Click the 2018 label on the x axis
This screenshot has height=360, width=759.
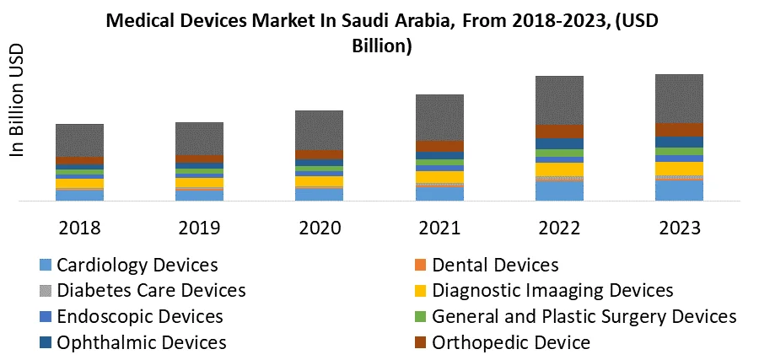pos(79,228)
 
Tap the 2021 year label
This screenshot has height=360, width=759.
pos(439,228)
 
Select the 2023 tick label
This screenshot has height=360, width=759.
pos(679,228)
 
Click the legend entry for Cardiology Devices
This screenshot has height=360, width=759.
pos(137,266)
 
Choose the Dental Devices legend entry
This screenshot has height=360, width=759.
pos(495,266)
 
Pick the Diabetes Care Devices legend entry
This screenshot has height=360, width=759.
pos(151,291)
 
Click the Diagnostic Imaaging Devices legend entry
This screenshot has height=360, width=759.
pos(552,291)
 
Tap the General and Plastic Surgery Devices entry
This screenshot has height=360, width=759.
pos(584,317)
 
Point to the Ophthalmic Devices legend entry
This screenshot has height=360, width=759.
pos(142,342)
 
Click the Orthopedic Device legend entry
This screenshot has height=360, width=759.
pos(511,342)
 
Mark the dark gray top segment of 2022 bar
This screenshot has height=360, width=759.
pos(559,99)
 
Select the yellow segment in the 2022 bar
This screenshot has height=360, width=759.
pos(559,169)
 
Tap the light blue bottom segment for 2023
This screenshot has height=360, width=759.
pos(679,191)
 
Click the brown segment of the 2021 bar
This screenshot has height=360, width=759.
pos(439,146)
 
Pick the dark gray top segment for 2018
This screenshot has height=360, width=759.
pos(79,140)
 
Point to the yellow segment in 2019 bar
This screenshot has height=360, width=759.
pos(199,182)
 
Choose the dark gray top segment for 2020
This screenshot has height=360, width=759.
pos(320,130)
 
